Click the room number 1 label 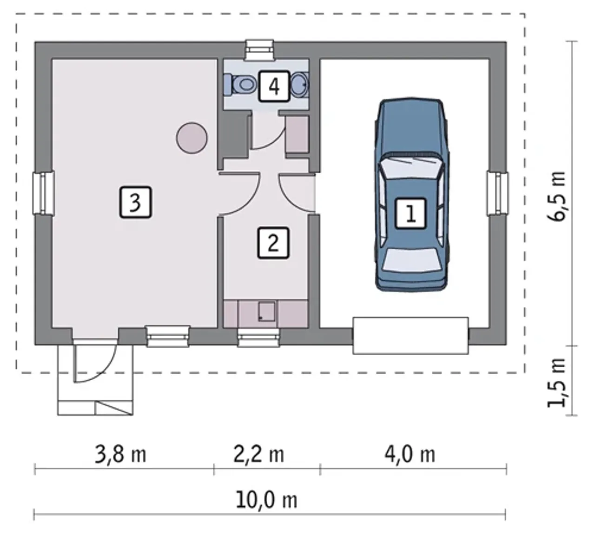point(410,213)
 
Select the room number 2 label point(273,243)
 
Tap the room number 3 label point(136,202)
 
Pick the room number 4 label point(274,86)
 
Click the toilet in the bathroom point(240,85)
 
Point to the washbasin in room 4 point(299,85)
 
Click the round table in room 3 point(192,138)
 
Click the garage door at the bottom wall point(410,336)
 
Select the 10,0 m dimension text point(266,500)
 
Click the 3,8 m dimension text point(120,454)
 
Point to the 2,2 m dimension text point(258,454)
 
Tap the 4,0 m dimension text point(410,454)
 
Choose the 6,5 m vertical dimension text point(556,196)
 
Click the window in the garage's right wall point(497,193)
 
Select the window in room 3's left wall point(43,192)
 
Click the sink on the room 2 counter point(266,312)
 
